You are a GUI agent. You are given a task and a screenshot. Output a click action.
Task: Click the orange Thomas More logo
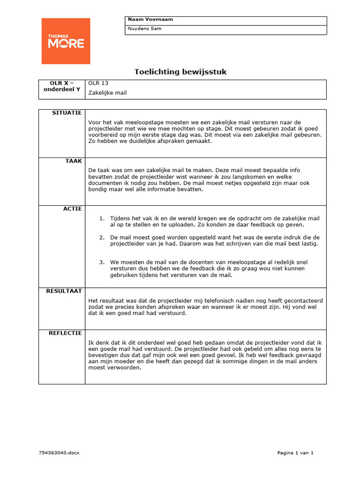pos(66,41)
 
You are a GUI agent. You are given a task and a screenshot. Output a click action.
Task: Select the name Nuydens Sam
pos(145,29)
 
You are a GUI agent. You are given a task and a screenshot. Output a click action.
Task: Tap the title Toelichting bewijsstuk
pos(180,72)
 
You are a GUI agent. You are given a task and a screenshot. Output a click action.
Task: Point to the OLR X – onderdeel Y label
pos(62,86)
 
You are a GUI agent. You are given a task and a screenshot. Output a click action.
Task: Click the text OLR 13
pos(98,83)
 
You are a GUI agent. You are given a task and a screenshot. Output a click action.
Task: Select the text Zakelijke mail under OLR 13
pos(107,93)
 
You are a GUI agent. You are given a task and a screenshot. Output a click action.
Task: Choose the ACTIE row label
pos(73,209)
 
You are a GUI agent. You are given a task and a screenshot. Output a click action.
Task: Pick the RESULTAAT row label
pos(64,291)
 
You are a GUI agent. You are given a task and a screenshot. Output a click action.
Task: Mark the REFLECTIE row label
pos(65,333)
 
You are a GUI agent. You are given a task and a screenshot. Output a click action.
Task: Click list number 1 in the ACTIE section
pos(101,218)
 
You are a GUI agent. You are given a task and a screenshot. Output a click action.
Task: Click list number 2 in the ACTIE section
pos(101,237)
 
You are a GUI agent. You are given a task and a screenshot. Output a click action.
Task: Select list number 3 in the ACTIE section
pos(101,262)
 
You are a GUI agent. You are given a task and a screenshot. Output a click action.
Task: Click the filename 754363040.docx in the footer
pos(60,453)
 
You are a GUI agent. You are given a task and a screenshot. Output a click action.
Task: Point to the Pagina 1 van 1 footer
pos(295,453)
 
